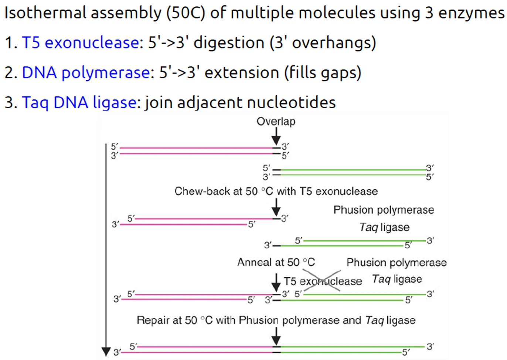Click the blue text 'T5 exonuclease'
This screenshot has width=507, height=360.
pos(80,43)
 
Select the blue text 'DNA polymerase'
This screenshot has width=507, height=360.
pos(86,72)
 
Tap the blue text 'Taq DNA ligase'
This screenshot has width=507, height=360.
pos(79,102)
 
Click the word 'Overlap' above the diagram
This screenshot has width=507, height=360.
pos(276,122)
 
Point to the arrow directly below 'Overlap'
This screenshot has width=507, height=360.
pos(276,136)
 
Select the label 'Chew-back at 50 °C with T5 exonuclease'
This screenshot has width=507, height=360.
pos(276,191)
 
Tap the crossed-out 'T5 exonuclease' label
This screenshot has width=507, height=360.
pos(323,281)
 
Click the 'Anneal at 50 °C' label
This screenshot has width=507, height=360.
pos(276,262)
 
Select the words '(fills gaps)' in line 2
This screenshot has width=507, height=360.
pos(323,72)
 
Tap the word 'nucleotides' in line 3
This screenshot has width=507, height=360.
pos(292,102)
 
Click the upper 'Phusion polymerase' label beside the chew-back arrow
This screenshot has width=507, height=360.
pos(384,210)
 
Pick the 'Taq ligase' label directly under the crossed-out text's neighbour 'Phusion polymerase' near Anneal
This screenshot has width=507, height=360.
pos(397,279)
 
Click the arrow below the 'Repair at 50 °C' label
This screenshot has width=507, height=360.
pos(276,336)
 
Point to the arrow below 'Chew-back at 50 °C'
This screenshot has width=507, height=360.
pos(276,207)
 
